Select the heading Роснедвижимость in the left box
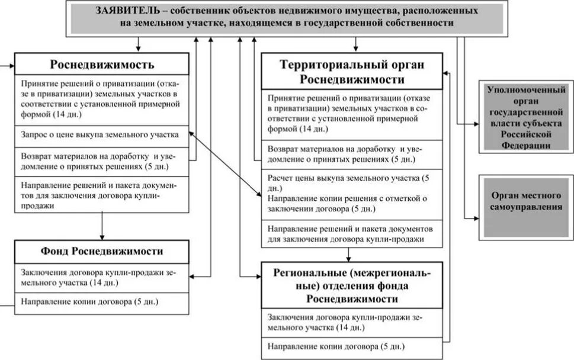click(x=102, y=64)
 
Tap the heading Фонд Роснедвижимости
click(x=102, y=251)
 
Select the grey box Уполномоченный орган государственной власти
click(x=526, y=117)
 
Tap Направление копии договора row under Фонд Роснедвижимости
click(x=89, y=301)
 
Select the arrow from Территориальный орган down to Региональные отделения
click(x=349, y=255)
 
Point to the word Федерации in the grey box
click(x=526, y=144)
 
